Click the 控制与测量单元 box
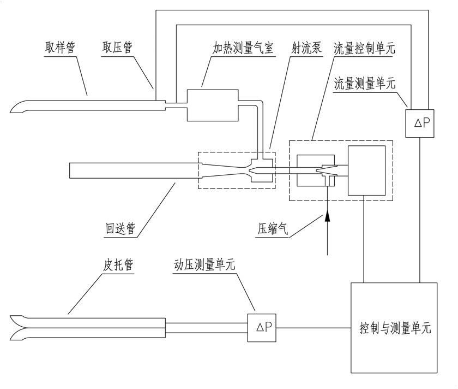(x=394, y=328)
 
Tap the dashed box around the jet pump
(x=236, y=170)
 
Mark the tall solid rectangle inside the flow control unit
(x=366, y=170)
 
